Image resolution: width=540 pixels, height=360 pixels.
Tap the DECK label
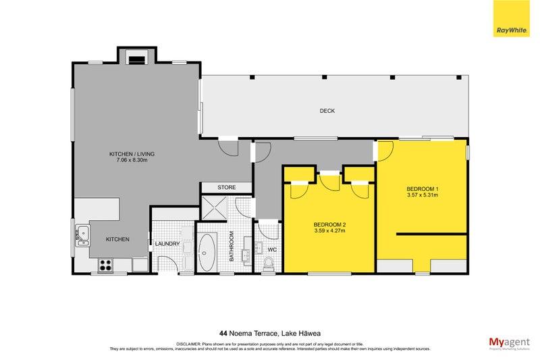tap(327, 111)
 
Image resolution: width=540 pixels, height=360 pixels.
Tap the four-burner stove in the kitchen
tap(106, 265)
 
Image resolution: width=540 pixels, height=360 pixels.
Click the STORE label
tap(225, 187)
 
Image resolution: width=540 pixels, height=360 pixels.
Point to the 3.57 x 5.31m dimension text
tap(423, 196)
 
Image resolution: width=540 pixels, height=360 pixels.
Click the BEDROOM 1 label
tap(423, 188)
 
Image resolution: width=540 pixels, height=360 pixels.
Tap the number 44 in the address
tap(223, 332)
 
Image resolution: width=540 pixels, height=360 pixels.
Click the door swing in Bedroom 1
tap(383, 152)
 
